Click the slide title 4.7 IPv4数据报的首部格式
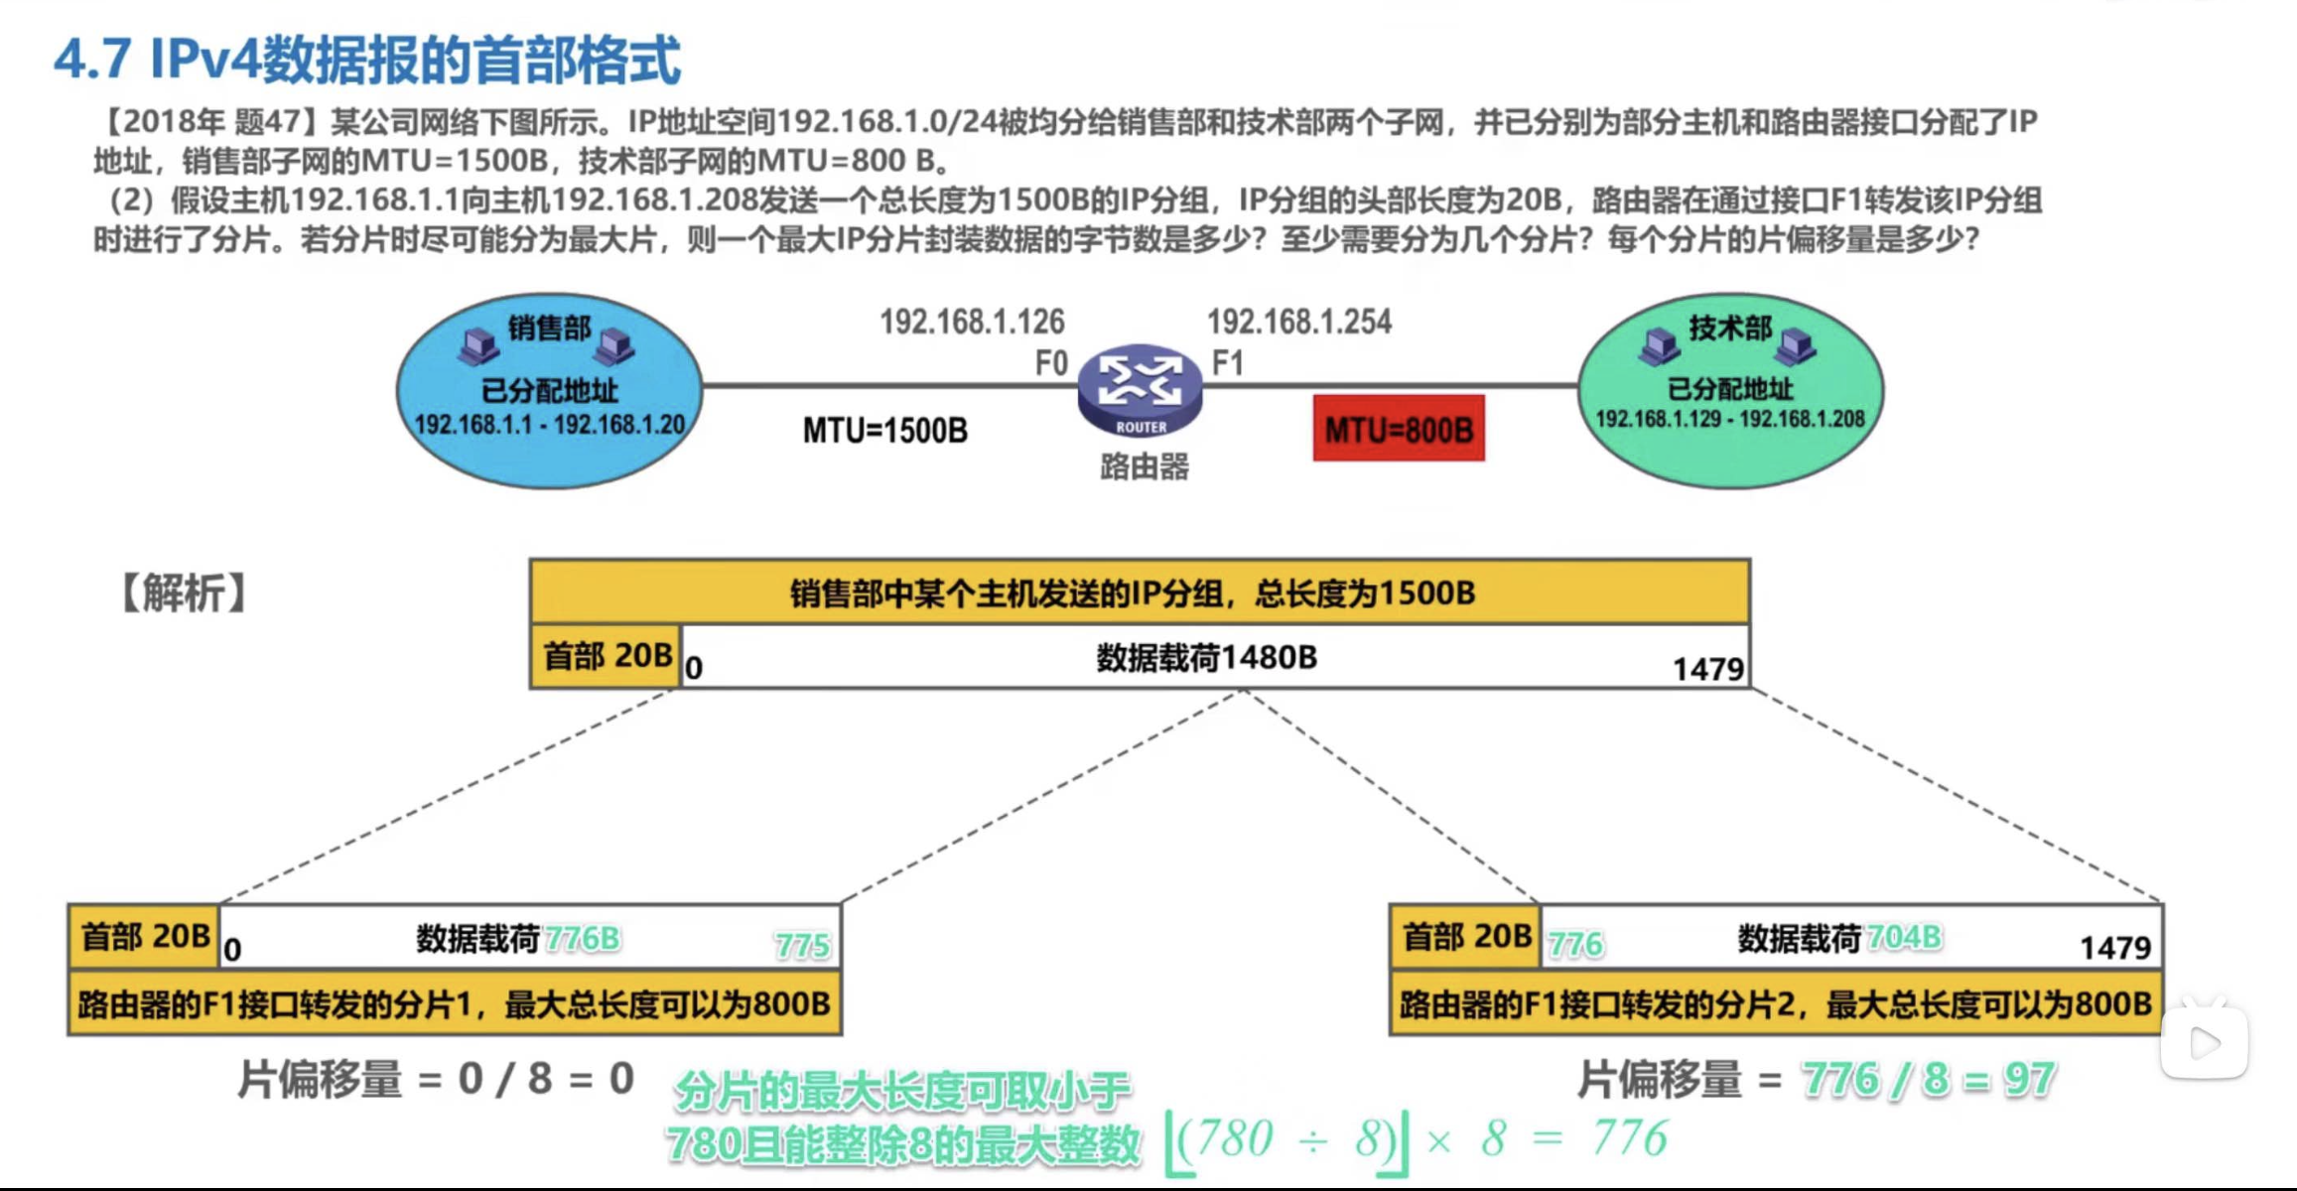coord(367,60)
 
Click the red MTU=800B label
coord(1399,429)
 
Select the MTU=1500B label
coord(885,431)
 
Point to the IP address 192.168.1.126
coord(972,322)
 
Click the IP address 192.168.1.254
coord(1299,322)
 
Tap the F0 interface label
coord(1051,363)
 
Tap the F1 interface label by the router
coord(1228,363)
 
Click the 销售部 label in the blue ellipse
coord(549,328)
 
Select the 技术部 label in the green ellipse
coord(1730,328)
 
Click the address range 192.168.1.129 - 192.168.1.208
coord(1730,419)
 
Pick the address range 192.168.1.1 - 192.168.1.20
coord(549,425)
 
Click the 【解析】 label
coord(184,593)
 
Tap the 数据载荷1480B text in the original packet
coord(1206,657)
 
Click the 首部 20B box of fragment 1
coord(145,937)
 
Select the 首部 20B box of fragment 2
coord(1466,937)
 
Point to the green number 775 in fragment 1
coord(802,945)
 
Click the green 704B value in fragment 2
coord(1904,937)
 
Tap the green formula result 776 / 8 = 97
coord(1929,1079)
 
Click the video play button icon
coord(2205,1042)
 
